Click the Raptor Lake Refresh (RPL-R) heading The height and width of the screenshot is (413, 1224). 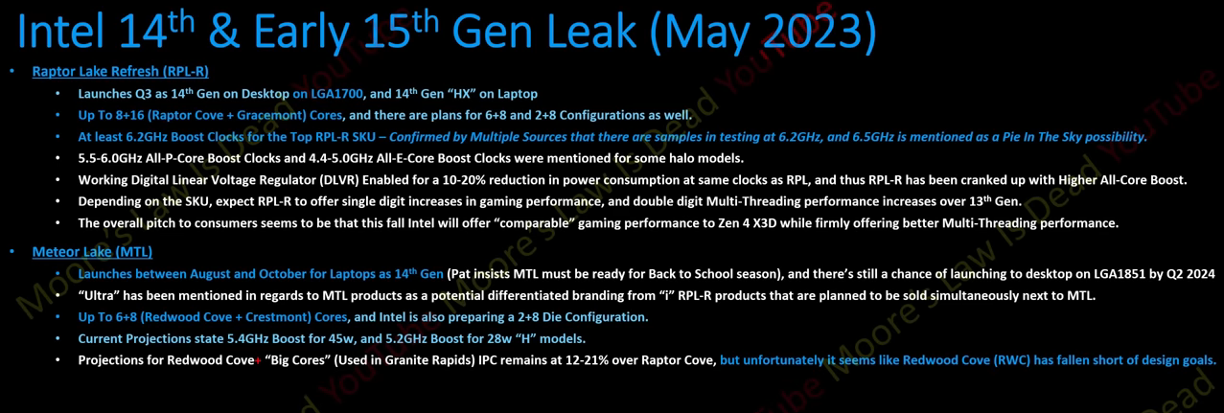pyautogui.click(x=120, y=72)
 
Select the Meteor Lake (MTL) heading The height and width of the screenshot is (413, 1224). pyautogui.click(x=92, y=252)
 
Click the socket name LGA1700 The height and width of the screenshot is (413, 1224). pyautogui.click(x=336, y=94)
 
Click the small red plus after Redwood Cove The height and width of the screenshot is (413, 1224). pyautogui.click(x=258, y=360)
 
